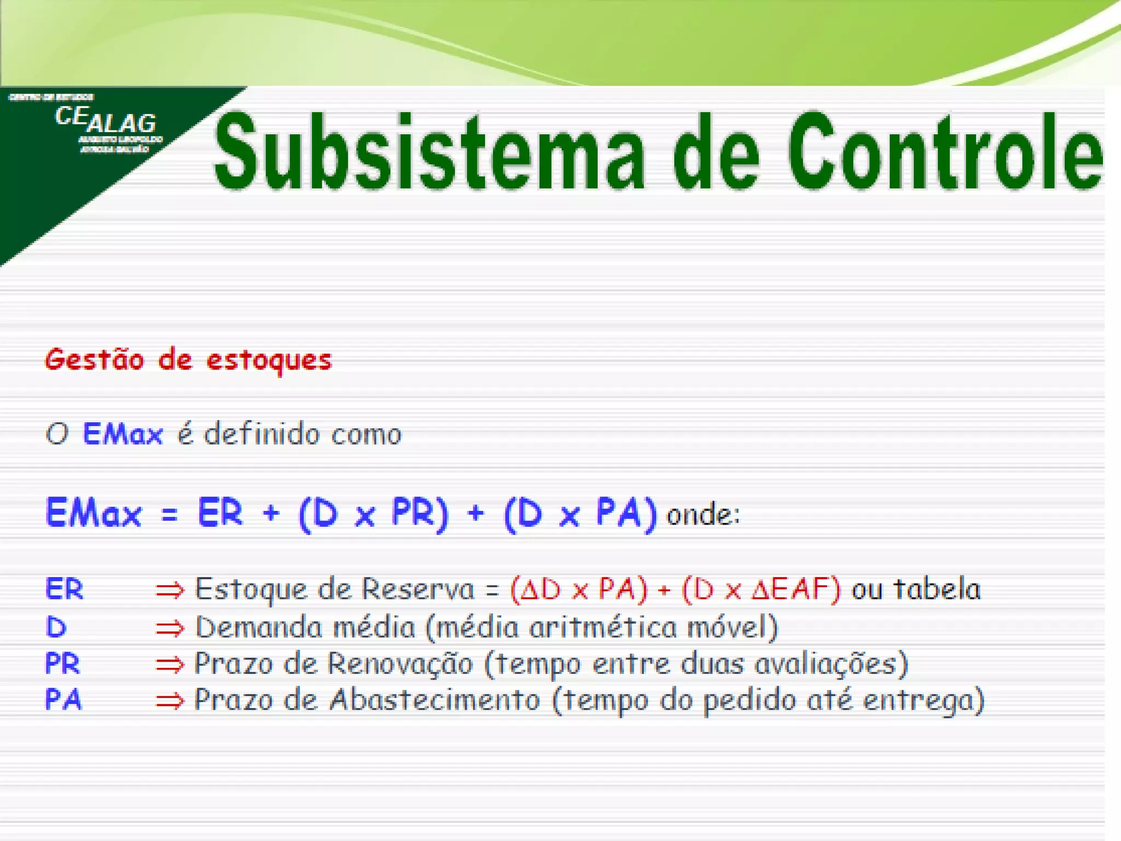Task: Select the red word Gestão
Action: pyautogui.click(x=95, y=360)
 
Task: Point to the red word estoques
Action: pyautogui.click(x=269, y=361)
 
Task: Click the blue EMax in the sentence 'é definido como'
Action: pyautogui.click(x=123, y=434)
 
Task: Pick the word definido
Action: pyautogui.click(x=262, y=434)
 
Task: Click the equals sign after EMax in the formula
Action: pyautogui.click(x=170, y=514)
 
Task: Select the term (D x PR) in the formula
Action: pyautogui.click(x=373, y=514)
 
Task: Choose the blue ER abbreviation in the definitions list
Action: pyautogui.click(x=64, y=590)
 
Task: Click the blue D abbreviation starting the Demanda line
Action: pyautogui.click(x=56, y=627)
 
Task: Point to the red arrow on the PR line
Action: pyautogui.click(x=170, y=665)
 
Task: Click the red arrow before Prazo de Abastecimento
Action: pyautogui.click(x=170, y=701)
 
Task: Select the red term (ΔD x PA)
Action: pyautogui.click(x=579, y=590)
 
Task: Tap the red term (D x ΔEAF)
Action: pyautogui.click(x=761, y=590)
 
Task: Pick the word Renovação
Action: pyautogui.click(x=400, y=664)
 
